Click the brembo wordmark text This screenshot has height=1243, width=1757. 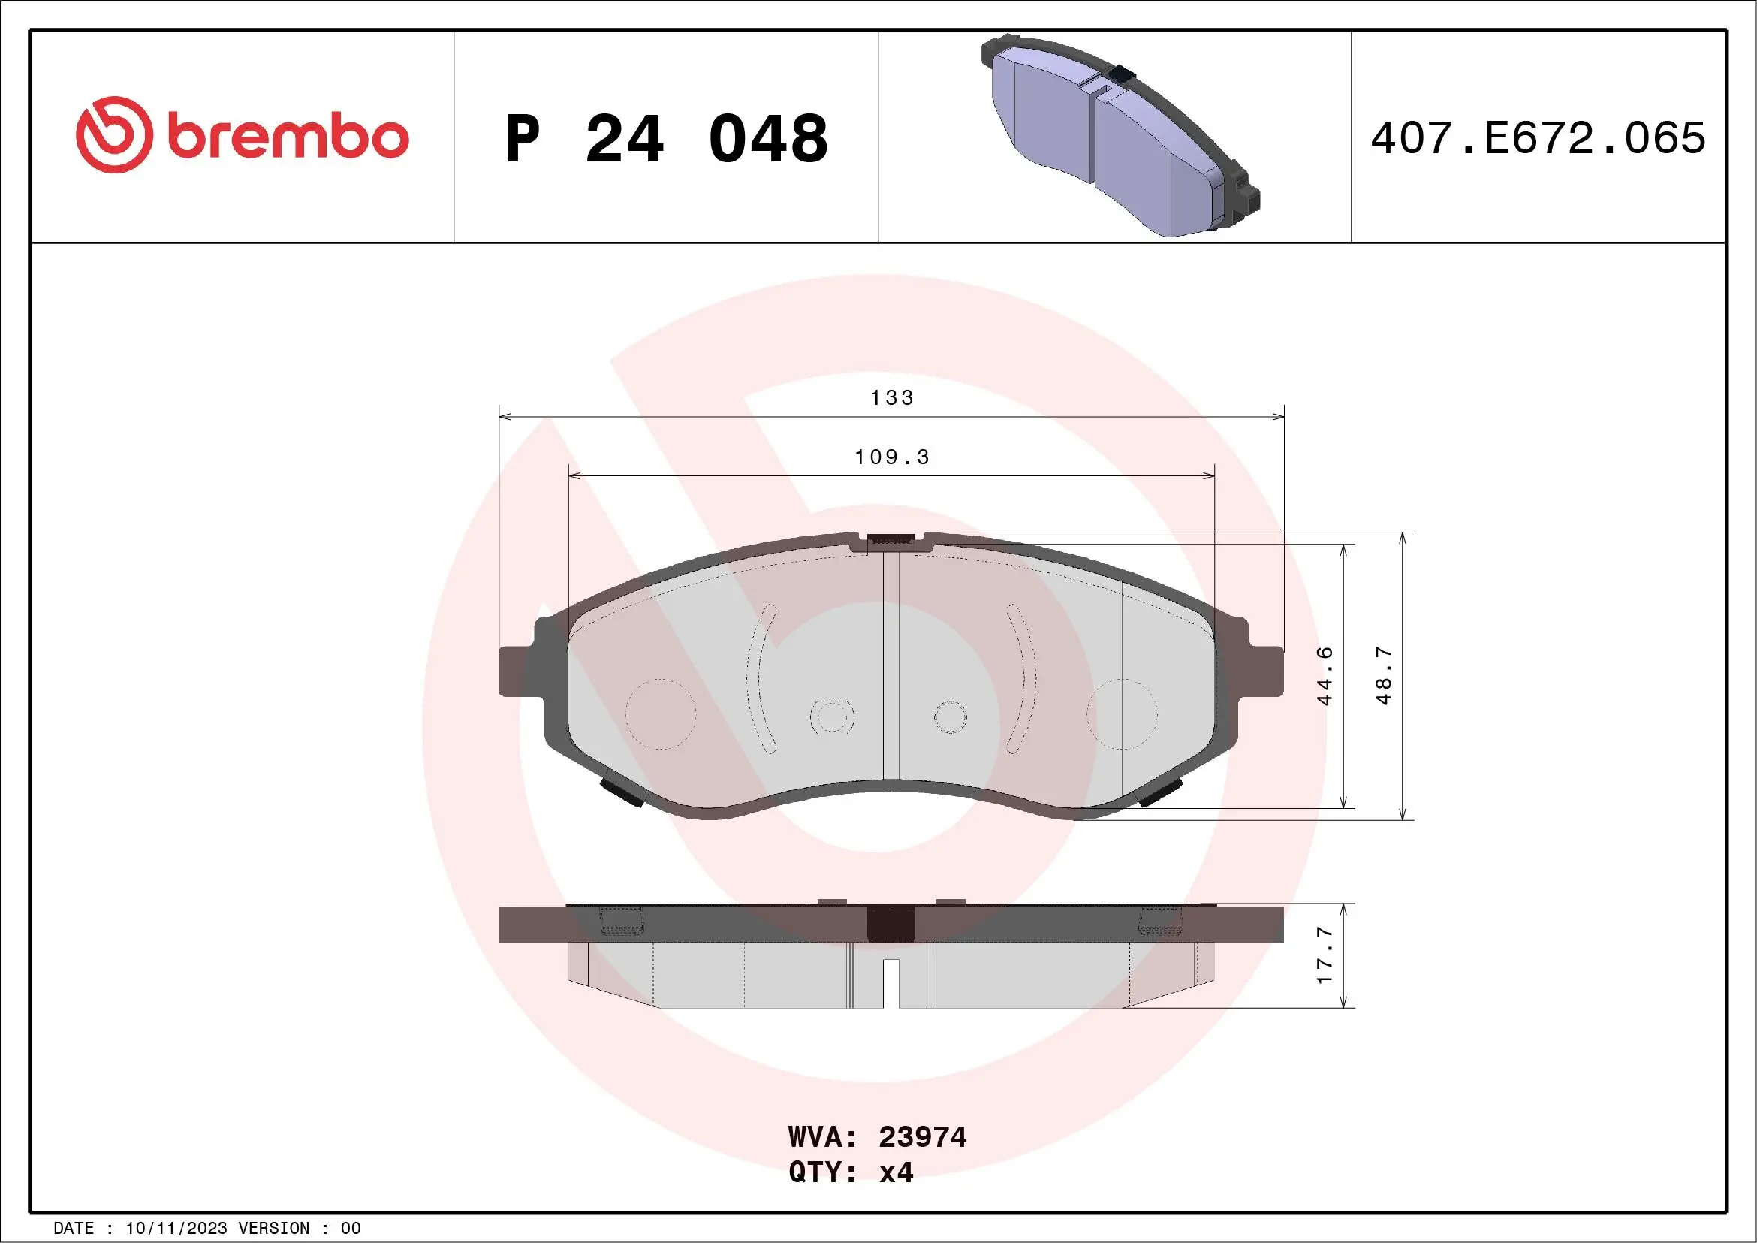pyautogui.click(x=288, y=137)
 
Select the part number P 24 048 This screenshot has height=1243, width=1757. pyautogui.click(x=667, y=139)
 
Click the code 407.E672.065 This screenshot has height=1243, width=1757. pyautogui.click(x=1539, y=138)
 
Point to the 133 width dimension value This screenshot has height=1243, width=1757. pyautogui.click(x=891, y=398)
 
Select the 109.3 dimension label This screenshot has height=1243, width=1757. pyautogui.click(x=891, y=457)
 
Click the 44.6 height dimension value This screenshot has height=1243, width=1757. pyautogui.click(x=1325, y=676)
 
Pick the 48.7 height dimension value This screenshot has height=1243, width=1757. pyautogui.click(x=1384, y=676)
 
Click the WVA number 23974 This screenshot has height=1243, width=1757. pyautogui.click(x=922, y=1137)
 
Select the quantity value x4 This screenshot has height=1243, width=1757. pyautogui.click(x=896, y=1172)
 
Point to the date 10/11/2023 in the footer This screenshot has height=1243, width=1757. pyautogui.click(x=176, y=1229)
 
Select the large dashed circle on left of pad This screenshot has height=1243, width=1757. pyautogui.click(x=661, y=714)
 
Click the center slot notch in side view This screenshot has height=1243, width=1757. pyautogui.click(x=891, y=983)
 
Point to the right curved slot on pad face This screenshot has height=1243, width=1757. pyautogui.click(x=1022, y=677)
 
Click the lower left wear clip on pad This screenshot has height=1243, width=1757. pyautogui.click(x=622, y=792)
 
